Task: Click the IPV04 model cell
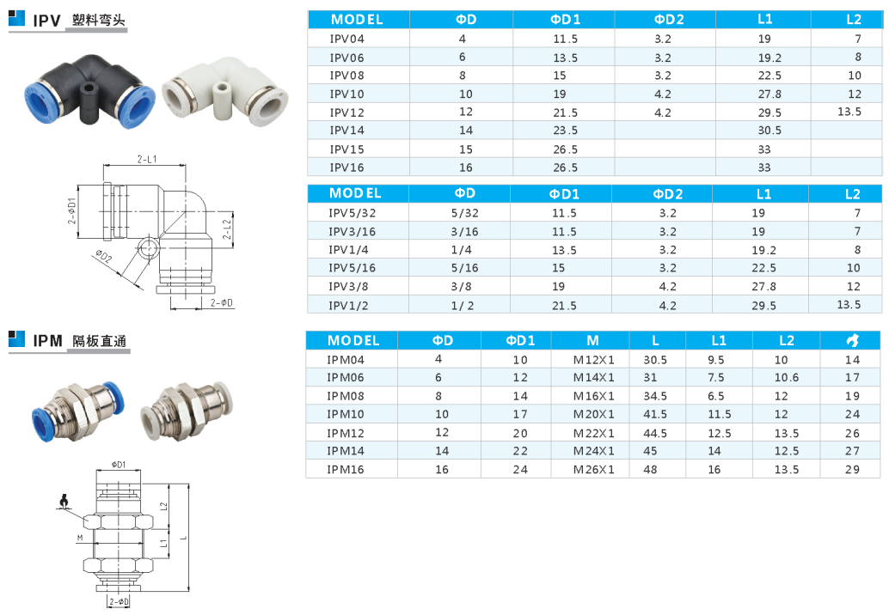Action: [x=346, y=39]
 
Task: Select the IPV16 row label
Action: [x=346, y=167]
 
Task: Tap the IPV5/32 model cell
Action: [x=353, y=213]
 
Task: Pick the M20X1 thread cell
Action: [x=593, y=415]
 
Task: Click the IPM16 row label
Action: [x=346, y=470]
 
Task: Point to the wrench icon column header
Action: [x=852, y=340]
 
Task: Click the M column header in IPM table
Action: [x=592, y=340]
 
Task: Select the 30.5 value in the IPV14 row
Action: [x=769, y=131]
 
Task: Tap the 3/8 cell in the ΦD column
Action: [x=461, y=287]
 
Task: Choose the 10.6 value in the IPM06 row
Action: [x=787, y=377]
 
